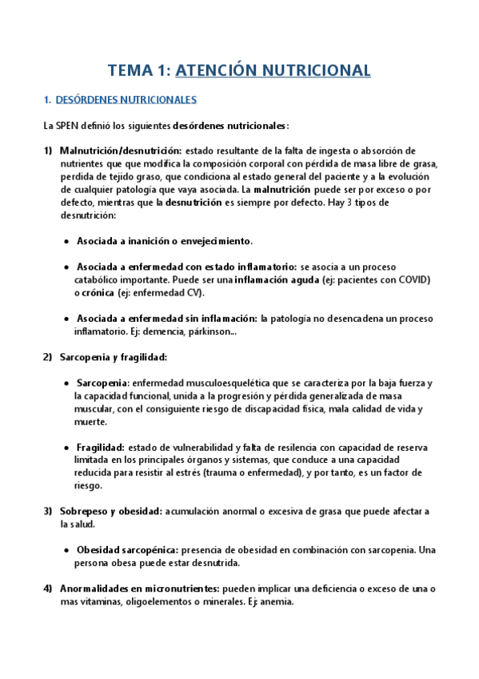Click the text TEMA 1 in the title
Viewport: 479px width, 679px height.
(138, 70)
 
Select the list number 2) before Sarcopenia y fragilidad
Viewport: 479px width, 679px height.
(47, 357)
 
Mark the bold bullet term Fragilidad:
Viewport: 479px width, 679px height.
(100, 447)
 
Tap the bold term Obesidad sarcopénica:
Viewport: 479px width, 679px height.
(127, 550)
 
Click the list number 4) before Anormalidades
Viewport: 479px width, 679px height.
(47, 589)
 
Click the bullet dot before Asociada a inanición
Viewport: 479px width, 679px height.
(65, 241)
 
